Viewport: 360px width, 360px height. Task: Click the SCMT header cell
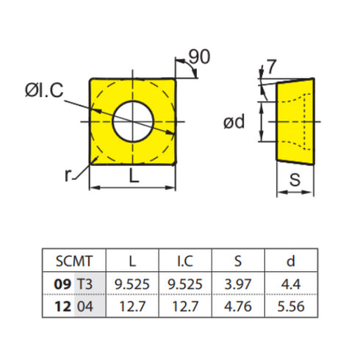tap(72, 260)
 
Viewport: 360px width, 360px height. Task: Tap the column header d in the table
tap(289, 260)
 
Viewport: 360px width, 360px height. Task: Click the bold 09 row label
tap(61, 281)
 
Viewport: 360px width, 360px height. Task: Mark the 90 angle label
tap(198, 56)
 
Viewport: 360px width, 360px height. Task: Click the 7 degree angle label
tap(273, 66)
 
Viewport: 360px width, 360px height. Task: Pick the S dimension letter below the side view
tap(293, 179)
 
